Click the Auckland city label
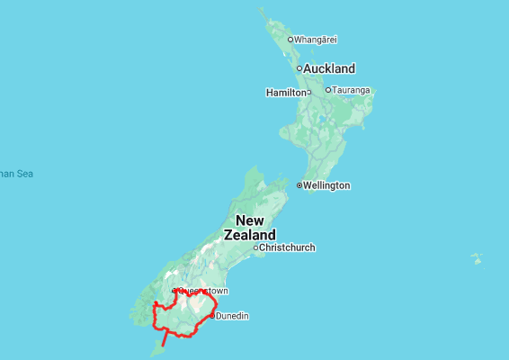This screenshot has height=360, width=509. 329,68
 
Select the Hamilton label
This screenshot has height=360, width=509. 285,93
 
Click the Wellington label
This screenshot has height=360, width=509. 326,185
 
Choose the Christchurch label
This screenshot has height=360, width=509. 287,247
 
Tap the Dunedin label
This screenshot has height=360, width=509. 232,316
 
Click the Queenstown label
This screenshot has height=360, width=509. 203,291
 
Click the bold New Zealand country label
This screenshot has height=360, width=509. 250,228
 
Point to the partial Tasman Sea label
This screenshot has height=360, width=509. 15,174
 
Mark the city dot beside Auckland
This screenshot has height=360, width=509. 299,68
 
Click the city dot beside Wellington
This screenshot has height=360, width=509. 299,185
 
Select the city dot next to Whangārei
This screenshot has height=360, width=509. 290,40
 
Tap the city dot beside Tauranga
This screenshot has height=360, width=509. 328,90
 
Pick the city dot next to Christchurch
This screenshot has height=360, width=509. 255,247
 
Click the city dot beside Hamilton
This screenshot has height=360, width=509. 308,92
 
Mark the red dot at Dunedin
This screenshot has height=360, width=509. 212,316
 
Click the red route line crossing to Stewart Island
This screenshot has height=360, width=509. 165,341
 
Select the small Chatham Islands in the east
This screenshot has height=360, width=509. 477,259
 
